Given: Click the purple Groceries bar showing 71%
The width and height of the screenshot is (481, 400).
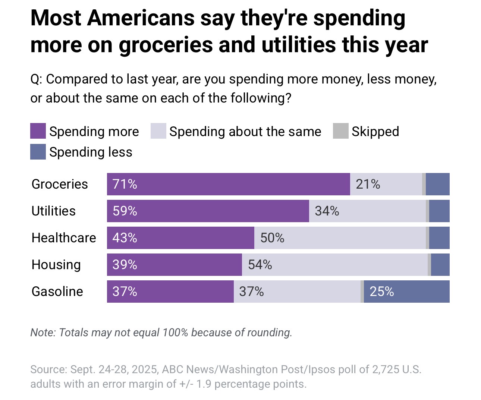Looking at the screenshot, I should pyautogui.click(x=228, y=184).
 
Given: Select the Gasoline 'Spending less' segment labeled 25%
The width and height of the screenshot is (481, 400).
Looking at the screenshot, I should pyautogui.click(x=406, y=292).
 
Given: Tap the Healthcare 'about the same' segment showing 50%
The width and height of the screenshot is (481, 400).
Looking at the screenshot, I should pyautogui.click(x=340, y=238).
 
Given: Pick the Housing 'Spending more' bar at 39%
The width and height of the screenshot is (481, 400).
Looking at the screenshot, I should pyautogui.click(x=174, y=265).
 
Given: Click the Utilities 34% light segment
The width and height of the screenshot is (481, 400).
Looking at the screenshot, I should pyautogui.click(x=367, y=211).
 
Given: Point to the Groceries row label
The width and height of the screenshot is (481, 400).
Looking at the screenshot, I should pyautogui.click(x=60, y=184).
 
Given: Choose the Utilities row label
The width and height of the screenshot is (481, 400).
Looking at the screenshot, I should pyautogui.click(x=54, y=211).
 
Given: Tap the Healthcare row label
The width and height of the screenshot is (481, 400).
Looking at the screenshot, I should pyautogui.click(x=64, y=238).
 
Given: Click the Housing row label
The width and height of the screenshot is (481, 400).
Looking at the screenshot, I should pyautogui.click(x=56, y=265).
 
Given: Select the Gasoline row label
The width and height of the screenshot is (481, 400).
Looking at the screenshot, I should pyautogui.click(x=57, y=292).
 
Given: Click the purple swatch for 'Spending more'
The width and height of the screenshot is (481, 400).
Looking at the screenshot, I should pyautogui.click(x=38, y=131).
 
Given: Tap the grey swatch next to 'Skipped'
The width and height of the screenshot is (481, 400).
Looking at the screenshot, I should pyautogui.click(x=340, y=131).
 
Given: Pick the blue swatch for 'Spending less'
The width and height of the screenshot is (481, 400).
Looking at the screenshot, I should pyautogui.click(x=38, y=152).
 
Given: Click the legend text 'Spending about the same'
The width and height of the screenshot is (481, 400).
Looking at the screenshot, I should pyautogui.click(x=245, y=132).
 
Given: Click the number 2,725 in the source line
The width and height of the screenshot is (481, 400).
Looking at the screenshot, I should pyautogui.click(x=386, y=369).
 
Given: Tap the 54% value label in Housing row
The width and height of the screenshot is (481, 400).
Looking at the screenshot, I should pyautogui.click(x=260, y=265).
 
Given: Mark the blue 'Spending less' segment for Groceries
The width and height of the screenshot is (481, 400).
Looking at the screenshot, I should pyautogui.click(x=437, y=184).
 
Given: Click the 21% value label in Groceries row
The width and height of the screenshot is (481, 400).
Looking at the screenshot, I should pyautogui.click(x=368, y=184).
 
